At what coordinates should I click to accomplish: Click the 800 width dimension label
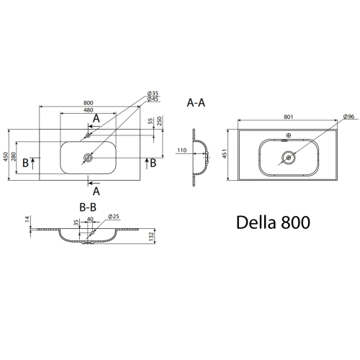[x=89, y=103]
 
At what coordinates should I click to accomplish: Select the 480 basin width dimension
[x=89, y=110]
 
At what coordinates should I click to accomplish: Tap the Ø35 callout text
[x=153, y=94]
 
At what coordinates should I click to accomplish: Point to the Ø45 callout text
[x=153, y=99]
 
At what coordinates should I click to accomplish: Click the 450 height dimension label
[x=6, y=156]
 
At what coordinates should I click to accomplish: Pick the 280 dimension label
[x=14, y=156]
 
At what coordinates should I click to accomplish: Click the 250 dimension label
[x=159, y=121]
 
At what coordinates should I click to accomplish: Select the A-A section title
[x=196, y=103]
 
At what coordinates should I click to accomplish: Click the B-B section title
[x=88, y=207]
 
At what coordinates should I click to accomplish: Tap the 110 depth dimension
[x=182, y=150]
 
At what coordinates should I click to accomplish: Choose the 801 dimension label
[x=289, y=117]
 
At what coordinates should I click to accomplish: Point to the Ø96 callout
[x=348, y=117]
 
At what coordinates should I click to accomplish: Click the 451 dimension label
[x=225, y=153]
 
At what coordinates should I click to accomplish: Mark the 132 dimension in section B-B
[x=151, y=237]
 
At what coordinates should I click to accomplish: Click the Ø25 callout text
[x=114, y=216]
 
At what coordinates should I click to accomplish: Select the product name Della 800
[x=273, y=222]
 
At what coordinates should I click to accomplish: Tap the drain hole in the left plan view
[x=88, y=158]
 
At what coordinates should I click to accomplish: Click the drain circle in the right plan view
[x=289, y=158]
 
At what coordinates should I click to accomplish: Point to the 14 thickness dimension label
[x=27, y=219]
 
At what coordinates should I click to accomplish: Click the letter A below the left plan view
[x=96, y=192]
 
